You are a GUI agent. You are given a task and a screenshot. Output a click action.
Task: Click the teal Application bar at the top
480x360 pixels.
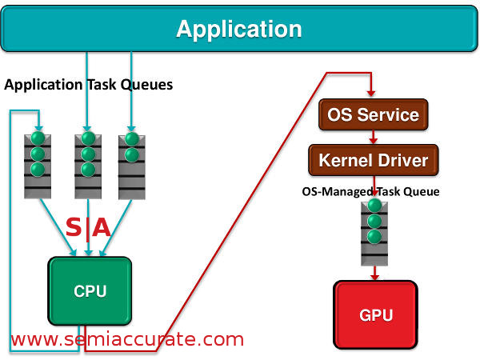point(239,30)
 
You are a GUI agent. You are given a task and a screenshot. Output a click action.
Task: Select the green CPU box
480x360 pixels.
point(90,290)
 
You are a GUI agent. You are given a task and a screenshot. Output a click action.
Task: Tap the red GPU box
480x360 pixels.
point(376,314)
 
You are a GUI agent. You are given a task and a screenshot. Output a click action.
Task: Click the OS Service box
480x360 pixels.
point(374,114)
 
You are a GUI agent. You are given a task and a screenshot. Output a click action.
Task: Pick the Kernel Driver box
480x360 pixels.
point(374,160)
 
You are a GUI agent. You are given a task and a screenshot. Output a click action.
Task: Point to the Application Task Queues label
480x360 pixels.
point(88,84)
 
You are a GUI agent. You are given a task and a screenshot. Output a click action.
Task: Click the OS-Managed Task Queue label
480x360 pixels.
point(370,192)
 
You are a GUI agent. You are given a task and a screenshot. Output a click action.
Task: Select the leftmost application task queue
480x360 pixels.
point(37,165)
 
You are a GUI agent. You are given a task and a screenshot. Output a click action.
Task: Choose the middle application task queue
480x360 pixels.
point(88,165)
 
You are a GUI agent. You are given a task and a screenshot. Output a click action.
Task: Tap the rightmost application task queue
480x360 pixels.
point(131,165)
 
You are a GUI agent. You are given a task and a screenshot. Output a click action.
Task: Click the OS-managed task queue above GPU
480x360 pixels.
point(374,232)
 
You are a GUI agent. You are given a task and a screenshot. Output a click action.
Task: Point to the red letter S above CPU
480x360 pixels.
point(74,228)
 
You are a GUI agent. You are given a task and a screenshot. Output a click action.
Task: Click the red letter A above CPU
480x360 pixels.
point(102,228)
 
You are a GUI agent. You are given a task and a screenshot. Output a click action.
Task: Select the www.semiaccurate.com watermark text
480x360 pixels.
point(127,339)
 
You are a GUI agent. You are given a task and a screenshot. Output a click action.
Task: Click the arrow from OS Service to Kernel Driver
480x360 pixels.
point(374,137)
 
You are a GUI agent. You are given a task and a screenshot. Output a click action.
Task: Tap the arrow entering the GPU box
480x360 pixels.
point(374,274)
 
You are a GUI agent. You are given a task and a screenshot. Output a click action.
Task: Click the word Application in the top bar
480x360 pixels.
point(239,30)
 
